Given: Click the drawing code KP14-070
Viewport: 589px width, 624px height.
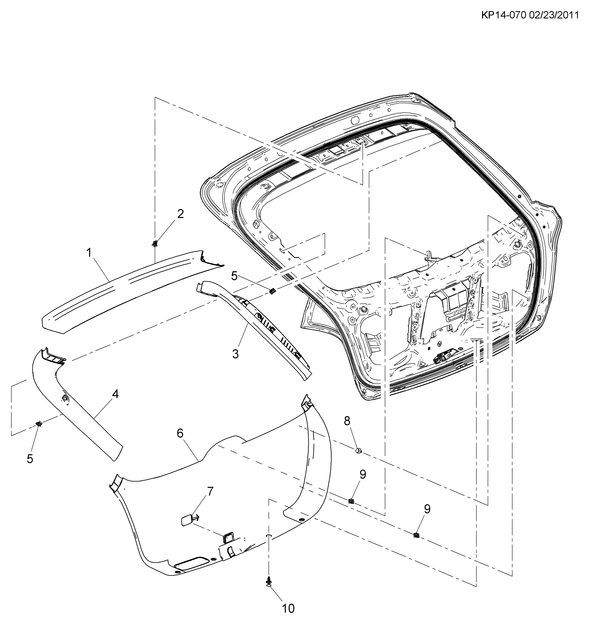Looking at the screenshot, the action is tap(504, 16).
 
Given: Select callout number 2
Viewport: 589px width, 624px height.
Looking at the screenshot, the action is tap(180, 214).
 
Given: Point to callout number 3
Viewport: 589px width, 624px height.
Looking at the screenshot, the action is tap(236, 354).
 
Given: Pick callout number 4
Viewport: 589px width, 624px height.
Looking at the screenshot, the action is tap(115, 394).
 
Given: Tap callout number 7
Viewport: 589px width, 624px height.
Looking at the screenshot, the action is tap(210, 491).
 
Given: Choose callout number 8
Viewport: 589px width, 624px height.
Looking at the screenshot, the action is tap(347, 421).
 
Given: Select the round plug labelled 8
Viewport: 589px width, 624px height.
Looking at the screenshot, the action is tap(358, 451).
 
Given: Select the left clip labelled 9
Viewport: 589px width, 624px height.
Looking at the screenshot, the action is tap(351, 501).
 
